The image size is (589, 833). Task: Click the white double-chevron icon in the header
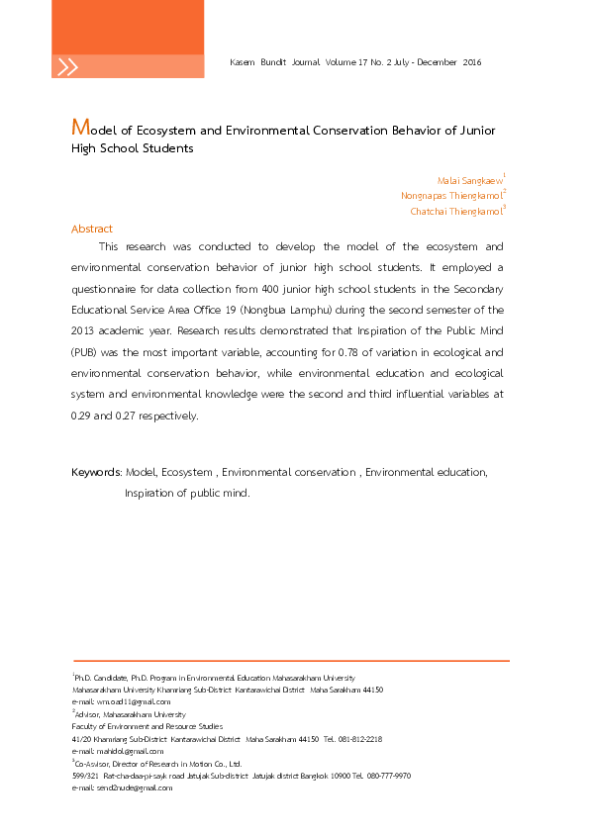[67, 67]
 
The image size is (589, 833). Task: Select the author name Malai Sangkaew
[469, 180]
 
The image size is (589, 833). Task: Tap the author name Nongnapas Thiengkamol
[450, 196]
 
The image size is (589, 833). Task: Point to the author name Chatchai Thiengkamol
[455, 211]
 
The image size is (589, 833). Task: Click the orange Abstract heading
[92, 229]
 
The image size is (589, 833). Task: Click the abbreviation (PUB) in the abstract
[85, 351]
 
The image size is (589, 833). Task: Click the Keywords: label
[96, 473]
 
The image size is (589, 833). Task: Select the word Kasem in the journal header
[242, 62]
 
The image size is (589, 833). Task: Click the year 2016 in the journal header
[471, 62]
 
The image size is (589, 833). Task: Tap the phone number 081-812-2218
[361, 739]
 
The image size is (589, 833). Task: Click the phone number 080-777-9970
[390, 776]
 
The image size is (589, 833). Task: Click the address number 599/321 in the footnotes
[85, 776]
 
